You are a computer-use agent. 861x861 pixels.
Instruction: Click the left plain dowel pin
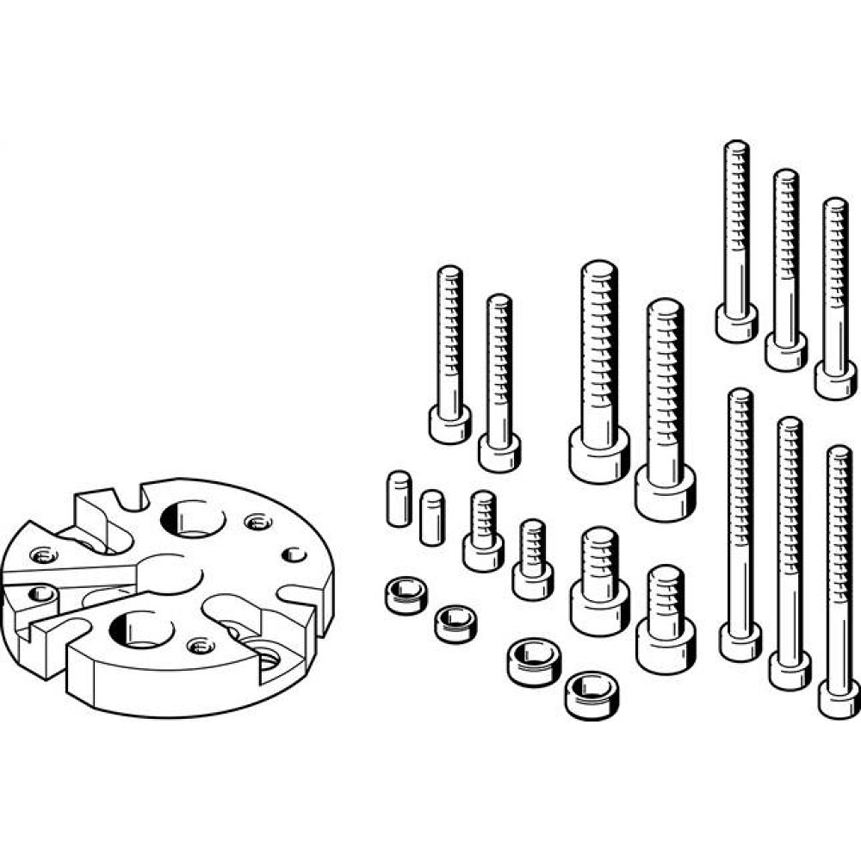click(x=398, y=499)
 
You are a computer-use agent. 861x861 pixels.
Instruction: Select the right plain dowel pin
click(x=432, y=517)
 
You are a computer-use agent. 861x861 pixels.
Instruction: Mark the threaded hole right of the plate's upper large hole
click(x=255, y=522)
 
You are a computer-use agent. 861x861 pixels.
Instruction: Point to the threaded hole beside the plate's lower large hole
click(x=201, y=645)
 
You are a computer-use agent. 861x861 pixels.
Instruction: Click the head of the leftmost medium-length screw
click(x=450, y=425)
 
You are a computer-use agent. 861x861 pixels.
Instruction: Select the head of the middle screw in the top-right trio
click(x=786, y=352)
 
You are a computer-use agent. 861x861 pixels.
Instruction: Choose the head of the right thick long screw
click(x=666, y=493)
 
